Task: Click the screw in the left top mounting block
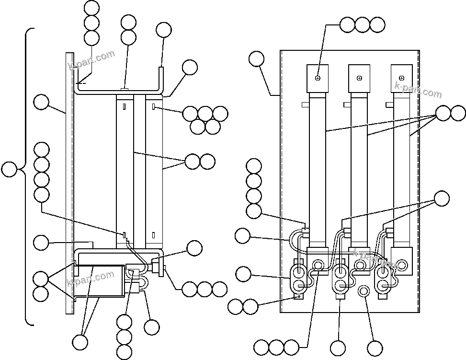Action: (x=318, y=78)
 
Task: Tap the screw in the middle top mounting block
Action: (x=359, y=78)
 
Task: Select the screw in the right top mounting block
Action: (x=401, y=78)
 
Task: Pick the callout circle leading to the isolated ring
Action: (x=375, y=348)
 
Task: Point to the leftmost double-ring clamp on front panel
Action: (x=299, y=279)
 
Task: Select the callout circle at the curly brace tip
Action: (x=9, y=169)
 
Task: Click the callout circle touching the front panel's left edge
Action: (x=257, y=59)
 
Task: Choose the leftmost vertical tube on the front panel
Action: (x=317, y=168)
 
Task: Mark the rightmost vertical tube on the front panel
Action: (x=401, y=168)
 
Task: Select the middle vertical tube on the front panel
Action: (x=359, y=168)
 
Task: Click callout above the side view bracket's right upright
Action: (x=164, y=30)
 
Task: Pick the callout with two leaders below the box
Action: (x=80, y=342)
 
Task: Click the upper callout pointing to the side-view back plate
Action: (x=41, y=102)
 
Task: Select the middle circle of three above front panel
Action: (x=363, y=24)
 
